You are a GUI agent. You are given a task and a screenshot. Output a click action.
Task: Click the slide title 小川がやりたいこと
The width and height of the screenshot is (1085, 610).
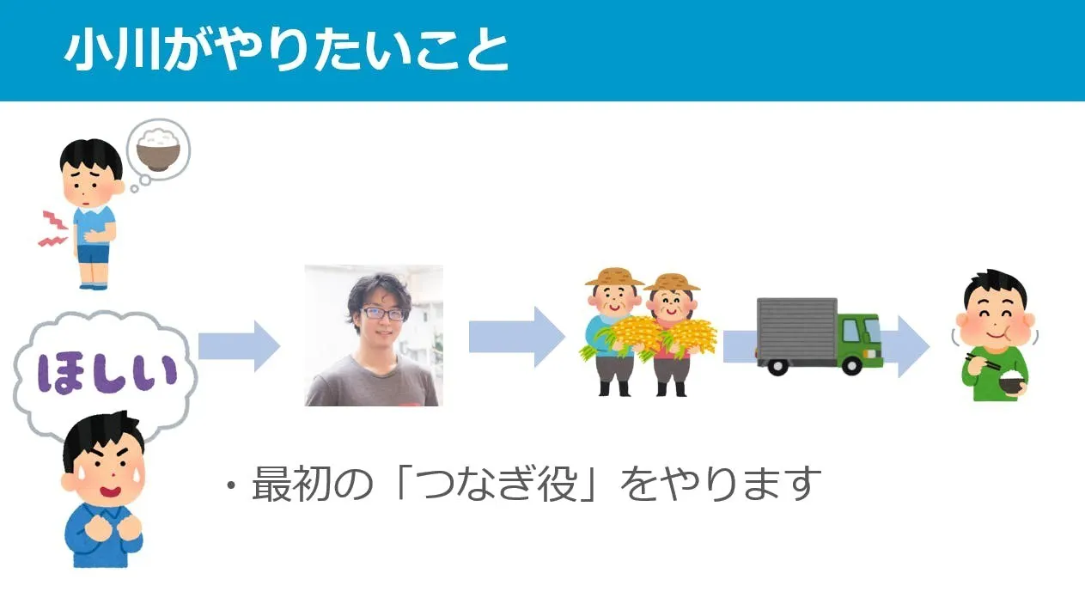tap(287, 51)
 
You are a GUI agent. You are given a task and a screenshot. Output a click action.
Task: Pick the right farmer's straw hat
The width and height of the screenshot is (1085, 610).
tap(672, 281)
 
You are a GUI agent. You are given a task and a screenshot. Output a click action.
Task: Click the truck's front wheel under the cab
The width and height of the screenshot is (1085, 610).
tap(850, 365)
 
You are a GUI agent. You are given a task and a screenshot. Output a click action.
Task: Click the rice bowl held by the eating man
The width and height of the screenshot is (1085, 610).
tap(1012, 383)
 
